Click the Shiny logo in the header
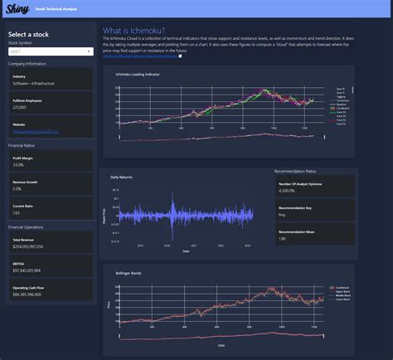(17, 9)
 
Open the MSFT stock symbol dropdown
(50, 51)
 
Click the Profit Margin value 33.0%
(18, 165)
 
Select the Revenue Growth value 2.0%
(17, 188)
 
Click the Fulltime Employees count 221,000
(19, 107)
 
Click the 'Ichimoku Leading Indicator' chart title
(138, 75)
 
